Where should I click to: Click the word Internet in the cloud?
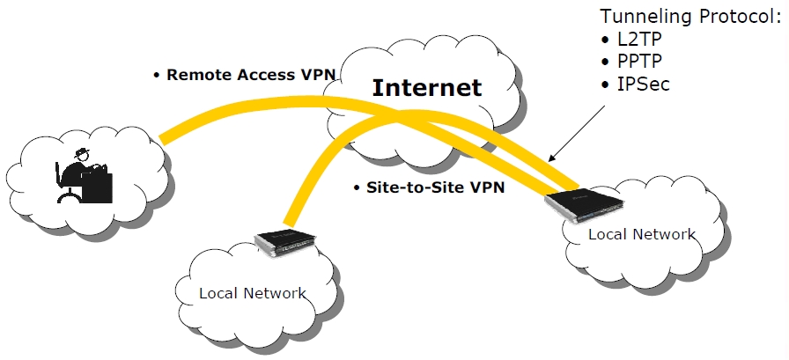[x=427, y=87]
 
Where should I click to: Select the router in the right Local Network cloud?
[x=582, y=202]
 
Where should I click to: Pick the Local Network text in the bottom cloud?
[x=253, y=293]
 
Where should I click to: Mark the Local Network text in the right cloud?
[x=641, y=234]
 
